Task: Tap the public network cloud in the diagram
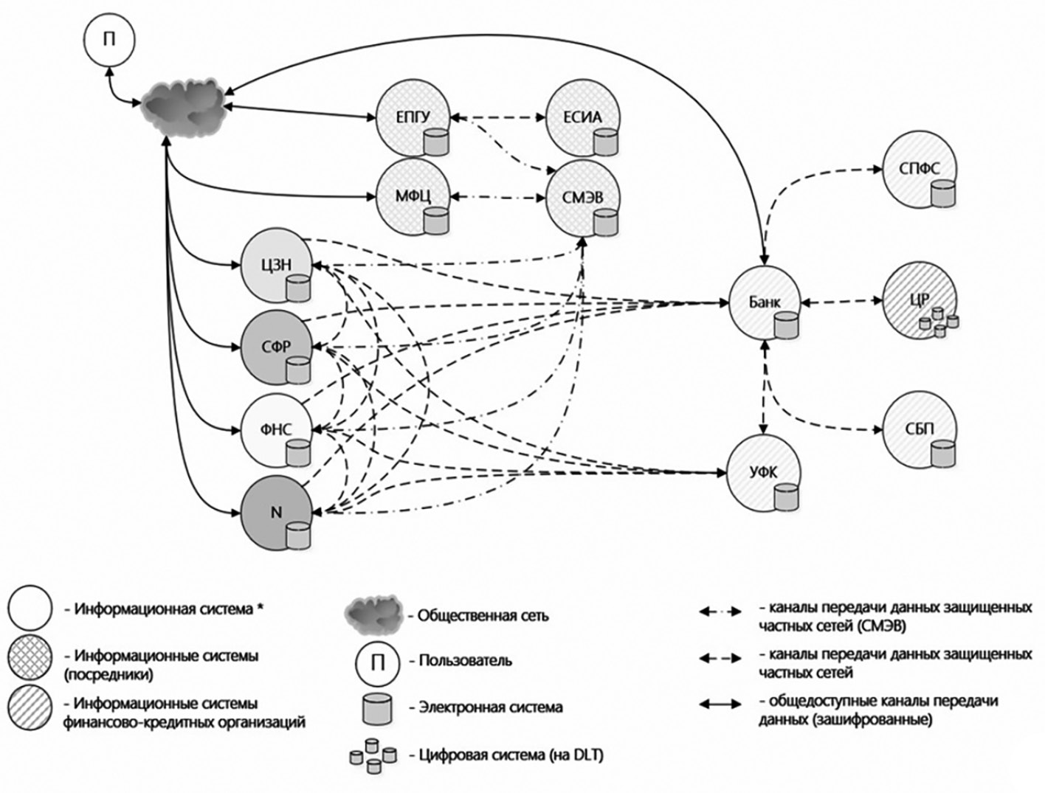tap(184, 106)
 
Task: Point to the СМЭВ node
tap(583, 197)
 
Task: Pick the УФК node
tap(764, 473)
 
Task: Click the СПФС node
tap(920, 170)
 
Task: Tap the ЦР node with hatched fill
tap(920, 301)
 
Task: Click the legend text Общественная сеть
tap(483, 615)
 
